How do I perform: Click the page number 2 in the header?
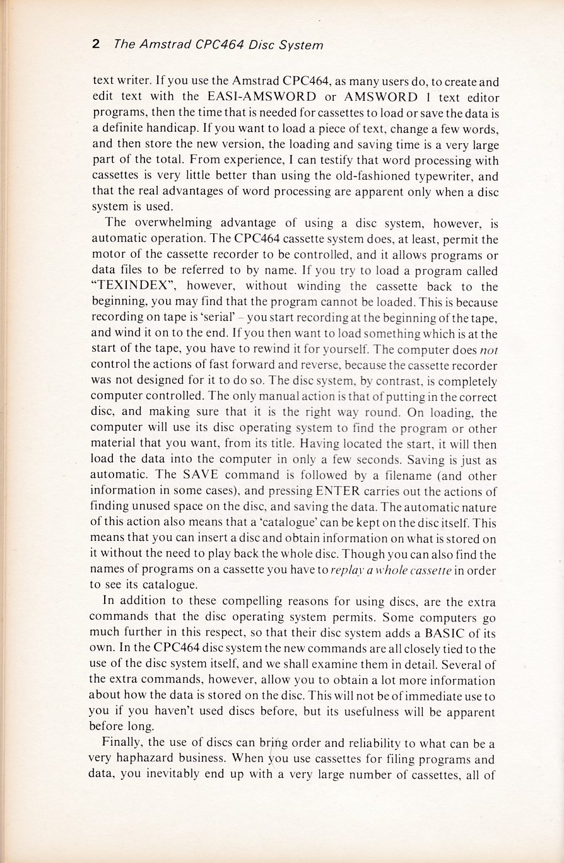pos(96,44)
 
